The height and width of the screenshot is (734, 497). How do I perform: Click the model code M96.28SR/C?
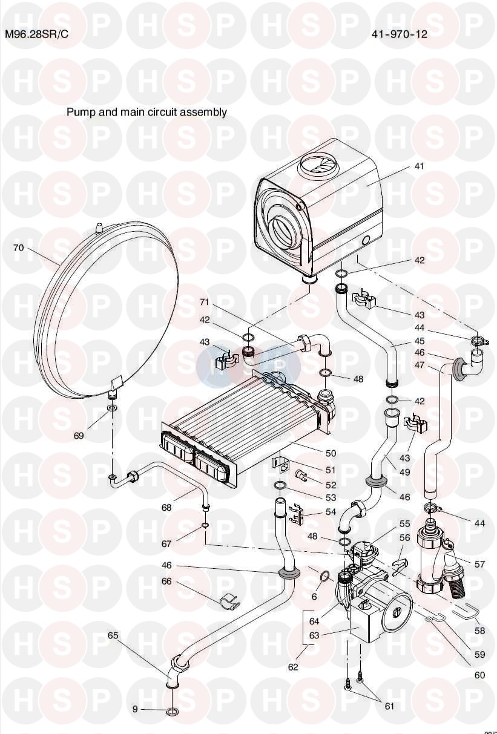click(37, 34)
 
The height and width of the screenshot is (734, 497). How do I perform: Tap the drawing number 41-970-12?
click(400, 34)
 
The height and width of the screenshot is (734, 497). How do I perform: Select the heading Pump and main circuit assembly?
click(146, 113)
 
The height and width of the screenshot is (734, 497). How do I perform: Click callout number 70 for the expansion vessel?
click(19, 248)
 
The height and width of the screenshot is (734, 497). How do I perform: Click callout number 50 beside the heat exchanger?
click(331, 453)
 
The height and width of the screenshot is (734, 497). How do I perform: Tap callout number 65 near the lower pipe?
click(113, 635)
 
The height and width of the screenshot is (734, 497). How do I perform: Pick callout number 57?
click(479, 564)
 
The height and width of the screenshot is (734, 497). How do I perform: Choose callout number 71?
click(204, 302)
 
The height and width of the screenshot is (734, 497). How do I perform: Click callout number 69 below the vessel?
click(78, 436)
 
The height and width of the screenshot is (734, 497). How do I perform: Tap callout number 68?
click(166, 507)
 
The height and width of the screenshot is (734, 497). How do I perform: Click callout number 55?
click(405, 523)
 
